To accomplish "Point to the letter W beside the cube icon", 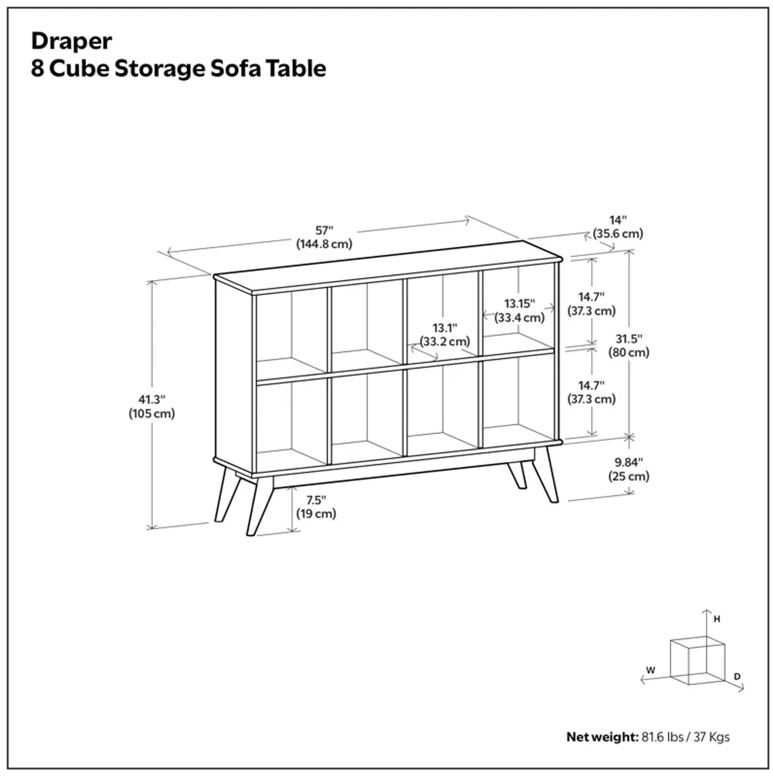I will pyautogui.click(x=650, y=670).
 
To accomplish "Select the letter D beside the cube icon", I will pyautogui.click(x=737, y=677).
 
